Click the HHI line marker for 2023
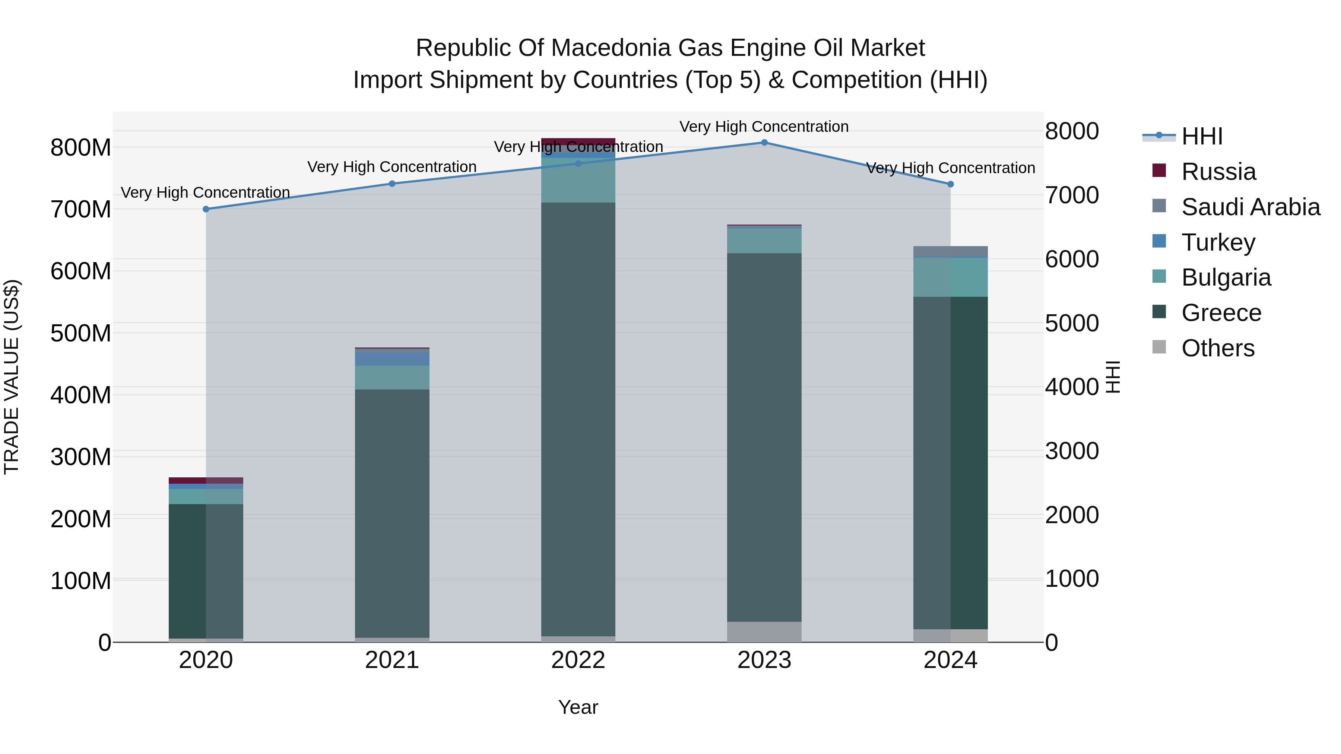764,143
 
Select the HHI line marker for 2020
206,209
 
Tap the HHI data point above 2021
392,184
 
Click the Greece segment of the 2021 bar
392,513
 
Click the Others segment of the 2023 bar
764,632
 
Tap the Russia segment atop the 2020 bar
206,480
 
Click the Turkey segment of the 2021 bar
392,359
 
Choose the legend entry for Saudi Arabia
1250,207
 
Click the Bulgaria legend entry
1226,277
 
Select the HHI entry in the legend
1201,136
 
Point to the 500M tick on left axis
81,333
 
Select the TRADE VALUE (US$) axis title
12,377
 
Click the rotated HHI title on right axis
1112,377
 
